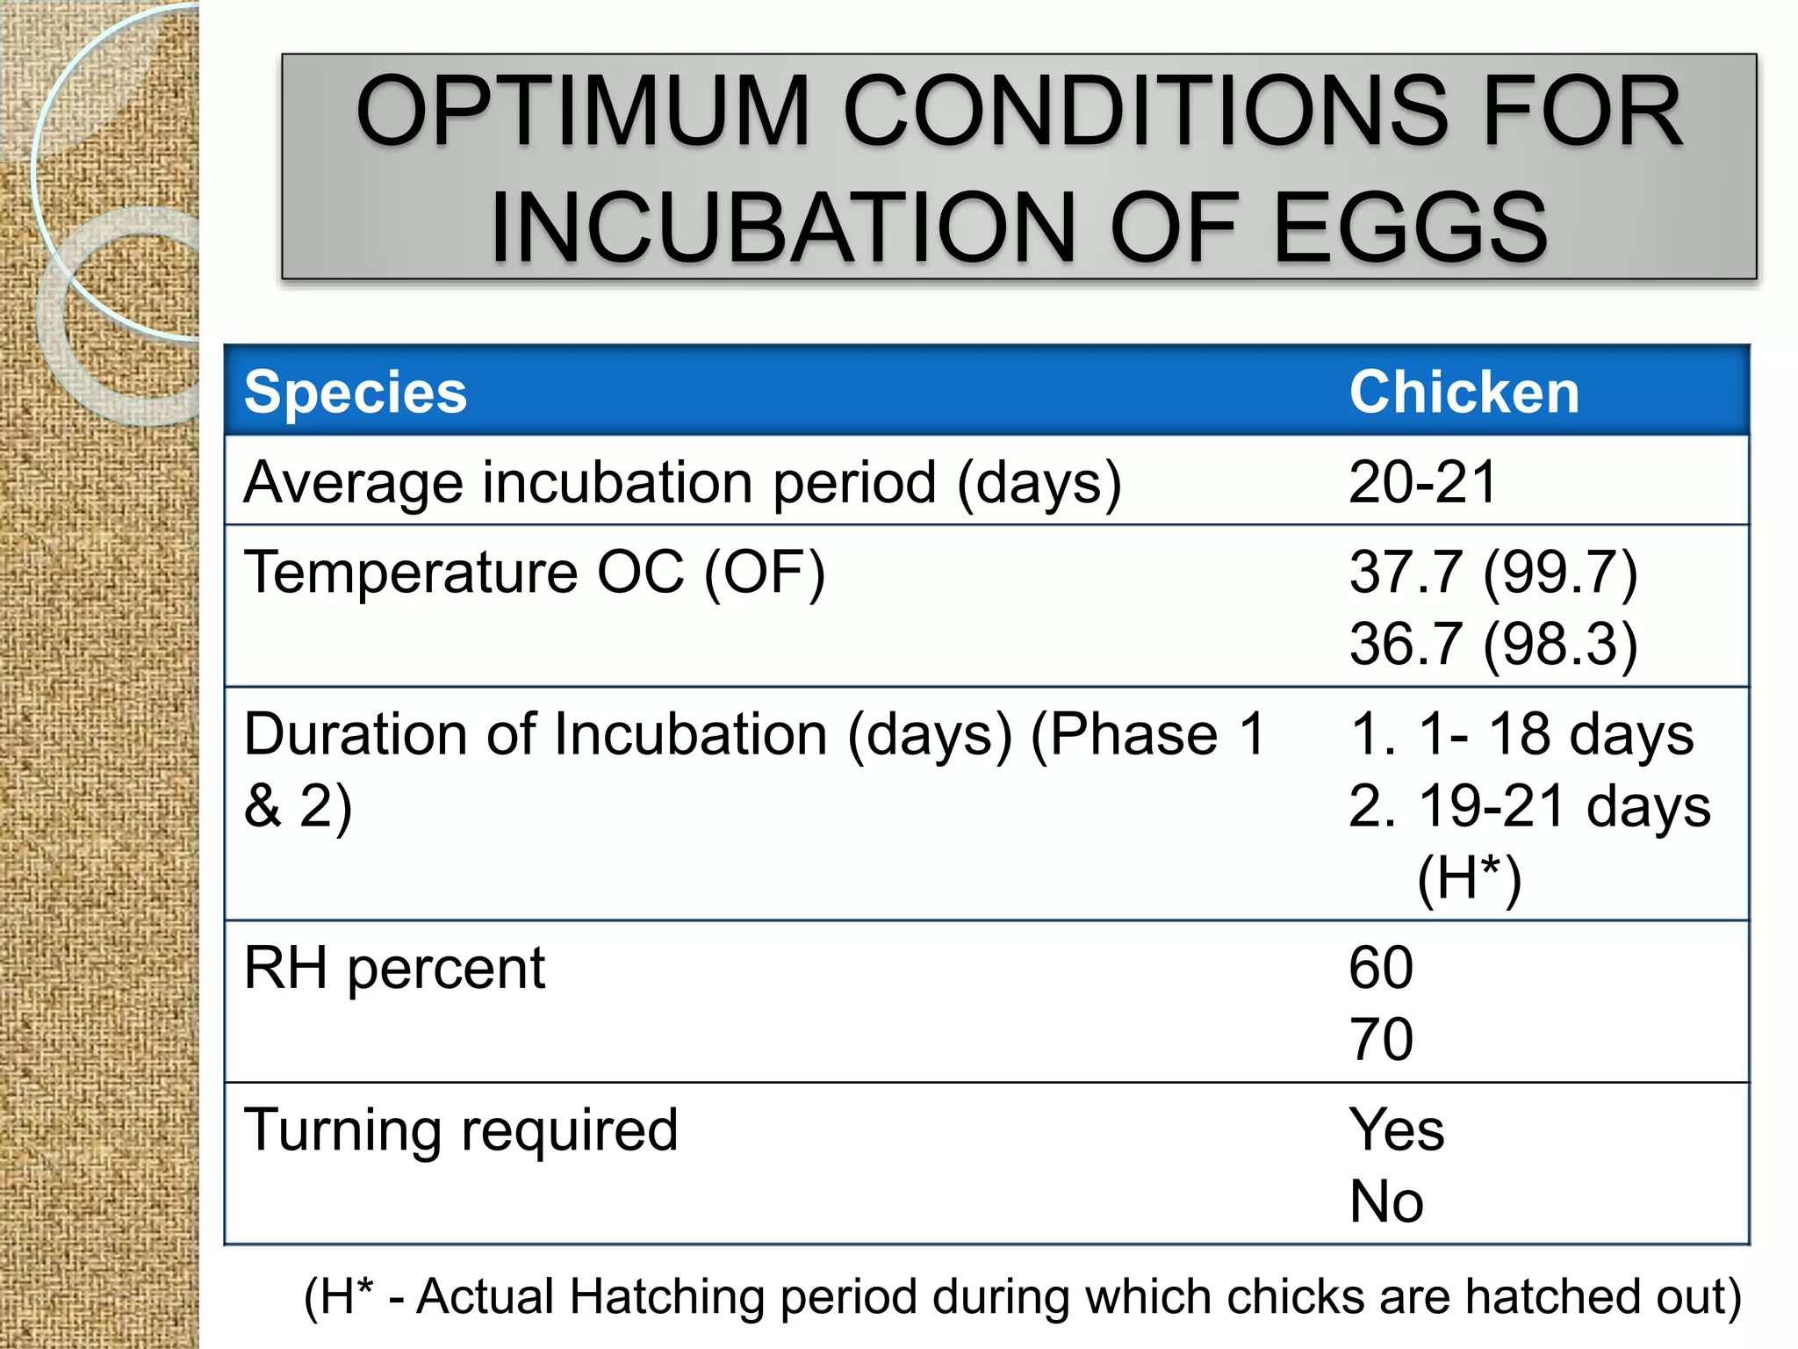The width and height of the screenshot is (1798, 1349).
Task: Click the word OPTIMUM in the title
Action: pyautogui.click(x=582, y=112)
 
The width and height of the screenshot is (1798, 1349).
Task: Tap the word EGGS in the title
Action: pyautogui.click(x=1410, y=227)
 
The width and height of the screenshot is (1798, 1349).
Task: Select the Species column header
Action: pyautogui.click(x=356, y=392)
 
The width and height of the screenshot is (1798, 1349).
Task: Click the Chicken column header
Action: pyautogui.click(x=1464, y=392)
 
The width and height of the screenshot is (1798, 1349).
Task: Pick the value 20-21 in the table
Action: pyautogui.click(x=1421, y=482)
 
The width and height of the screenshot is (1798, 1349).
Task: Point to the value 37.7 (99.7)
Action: pyautogui.click(x=1492, y=573)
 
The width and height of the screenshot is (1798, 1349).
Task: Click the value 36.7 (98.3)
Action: pyautogui.click(x=1492, y=645)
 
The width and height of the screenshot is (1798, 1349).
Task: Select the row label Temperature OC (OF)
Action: pyautogui.click(x=534, y=573)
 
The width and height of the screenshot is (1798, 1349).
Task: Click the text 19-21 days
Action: pyautogui.click(x=1564, y=806)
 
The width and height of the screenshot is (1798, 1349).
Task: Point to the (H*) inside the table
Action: pyautogui.click(x=1468, y=878)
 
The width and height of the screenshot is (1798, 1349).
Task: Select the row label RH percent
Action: pyautogui.click(x=394, y=969)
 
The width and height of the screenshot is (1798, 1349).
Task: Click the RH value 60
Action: pyautogui.click(x=1381, y=969)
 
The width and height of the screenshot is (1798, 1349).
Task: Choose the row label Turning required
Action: pyautogui.click(x=461, y=1130)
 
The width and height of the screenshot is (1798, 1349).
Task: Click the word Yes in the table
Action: pyautogui.click(x=1396, y=1130)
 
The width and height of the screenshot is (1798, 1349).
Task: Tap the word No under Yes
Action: pyautogui.click(x=1386, y=1202)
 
